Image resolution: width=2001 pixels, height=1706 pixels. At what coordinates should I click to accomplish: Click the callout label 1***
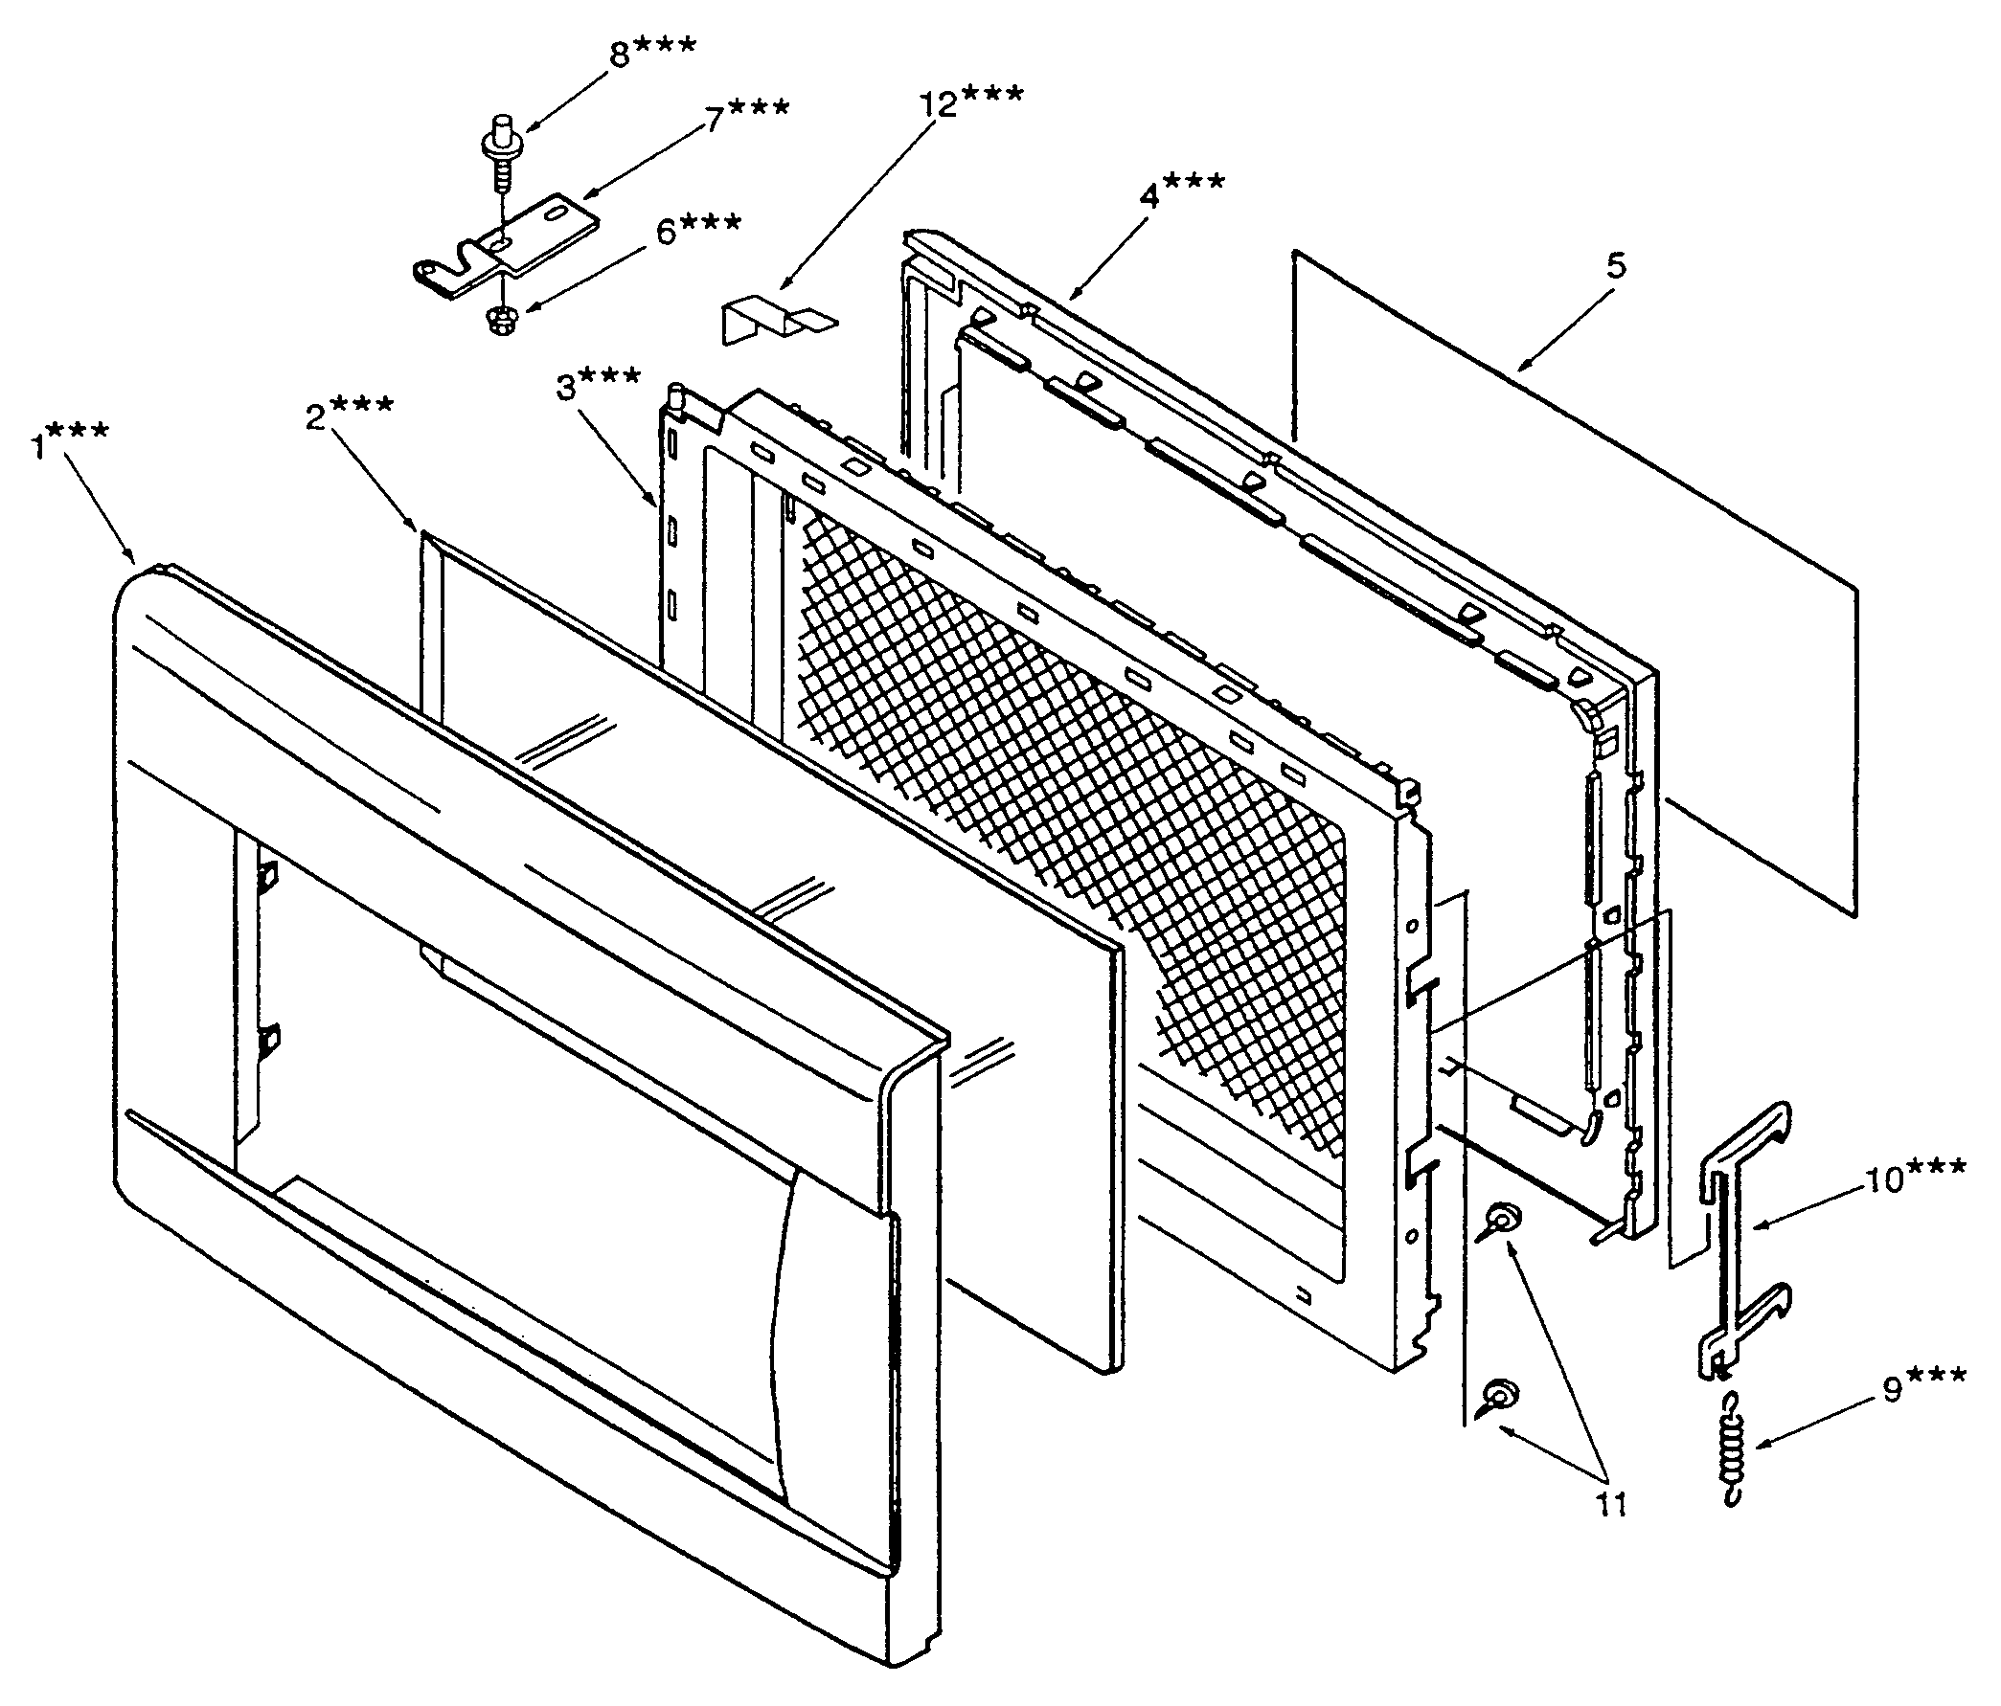pyautogui.click(x=70, y=444)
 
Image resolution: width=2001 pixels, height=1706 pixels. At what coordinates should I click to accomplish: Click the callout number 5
pyautogui.click(x=1617, y=265)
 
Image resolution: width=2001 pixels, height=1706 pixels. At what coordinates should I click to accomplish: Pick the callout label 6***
pyautogui.click(x=698, y=231)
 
